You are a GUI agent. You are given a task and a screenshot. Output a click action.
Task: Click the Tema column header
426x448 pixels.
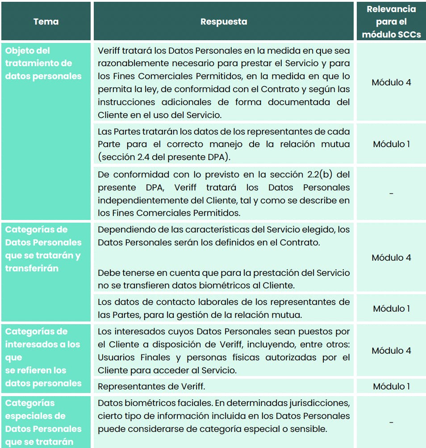(x=46, y=21)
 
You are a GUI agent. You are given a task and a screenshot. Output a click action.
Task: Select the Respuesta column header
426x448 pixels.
(x=223, y=21)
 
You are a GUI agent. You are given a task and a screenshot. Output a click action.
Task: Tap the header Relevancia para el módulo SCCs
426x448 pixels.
(x=391, y=21)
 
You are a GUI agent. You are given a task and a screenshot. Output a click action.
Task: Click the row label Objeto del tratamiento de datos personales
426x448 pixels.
(x=43, y=63)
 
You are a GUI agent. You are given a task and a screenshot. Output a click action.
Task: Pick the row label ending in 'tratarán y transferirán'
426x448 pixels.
(x=43, y=249)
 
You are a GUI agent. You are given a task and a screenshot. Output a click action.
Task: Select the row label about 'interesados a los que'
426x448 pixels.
(x=43, y=357)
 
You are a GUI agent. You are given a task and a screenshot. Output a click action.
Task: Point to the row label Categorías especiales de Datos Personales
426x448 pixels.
(x=43, y=422)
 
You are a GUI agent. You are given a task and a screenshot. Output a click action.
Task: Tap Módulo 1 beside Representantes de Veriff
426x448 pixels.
(x=391, y=386)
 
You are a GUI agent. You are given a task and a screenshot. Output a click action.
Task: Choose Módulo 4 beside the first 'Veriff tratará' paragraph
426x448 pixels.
(x=391, y=82)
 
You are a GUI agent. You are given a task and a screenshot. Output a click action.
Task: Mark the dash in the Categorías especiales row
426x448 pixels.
(x=391, y=422)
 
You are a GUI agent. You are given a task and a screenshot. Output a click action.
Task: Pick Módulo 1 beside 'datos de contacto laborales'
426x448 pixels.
(x=391, y=309)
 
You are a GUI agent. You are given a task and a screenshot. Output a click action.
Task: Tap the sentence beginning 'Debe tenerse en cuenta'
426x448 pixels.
(x=223, y=279)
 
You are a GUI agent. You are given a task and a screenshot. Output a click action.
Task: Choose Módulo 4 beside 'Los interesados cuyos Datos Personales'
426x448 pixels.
(x=391, y=351)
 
